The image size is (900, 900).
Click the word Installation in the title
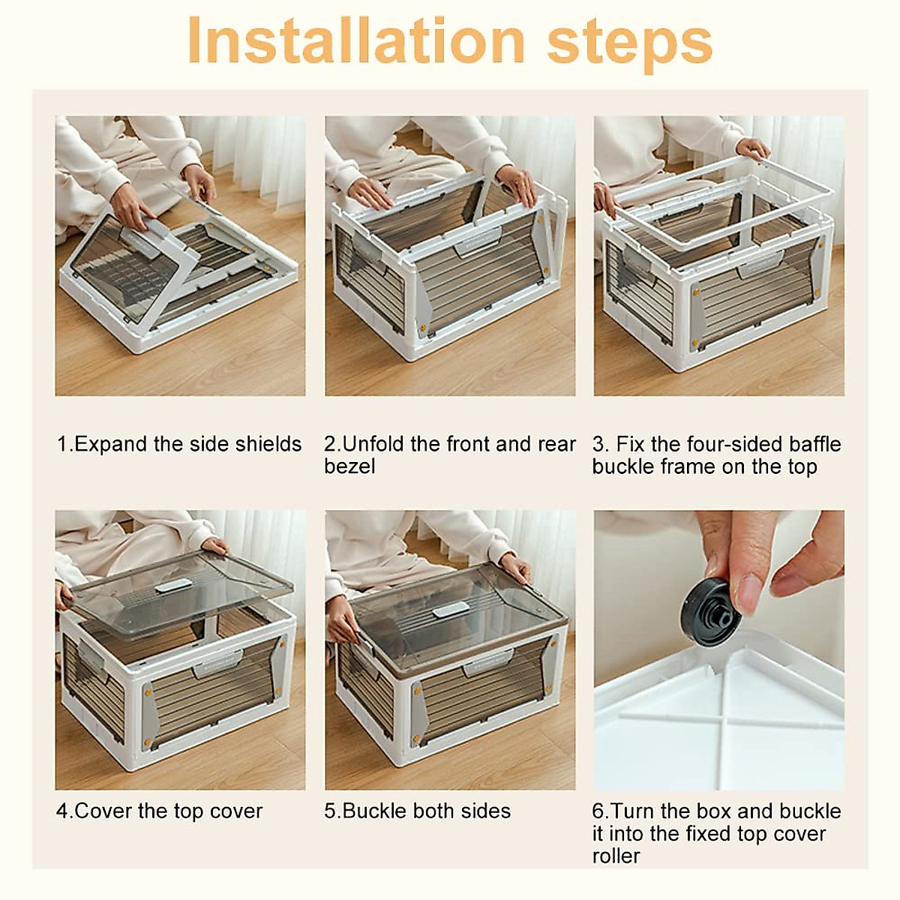357,40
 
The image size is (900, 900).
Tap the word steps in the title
630,45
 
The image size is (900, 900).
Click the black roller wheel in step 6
710,613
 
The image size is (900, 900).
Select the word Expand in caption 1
111,444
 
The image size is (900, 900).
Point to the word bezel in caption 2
349,466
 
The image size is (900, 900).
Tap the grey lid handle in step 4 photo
173,585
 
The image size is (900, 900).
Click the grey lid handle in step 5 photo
451,609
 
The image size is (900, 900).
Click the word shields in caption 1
268,444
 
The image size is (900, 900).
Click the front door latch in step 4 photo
218,663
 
